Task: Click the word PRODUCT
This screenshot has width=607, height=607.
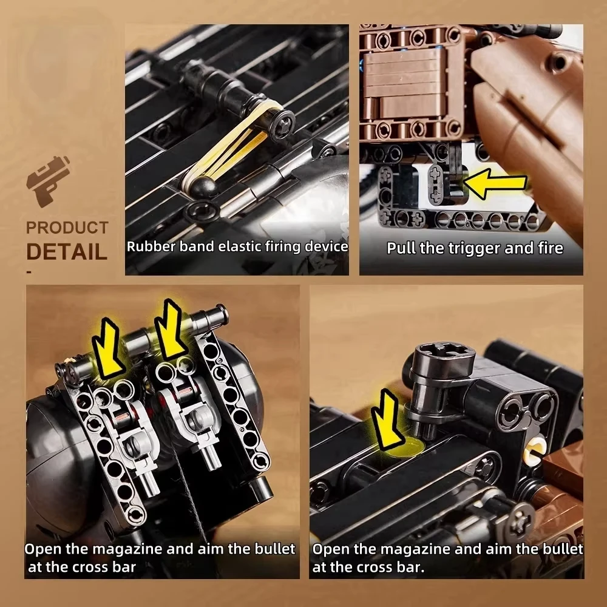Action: pos(67,228)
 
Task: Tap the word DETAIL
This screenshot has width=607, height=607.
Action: pos(67,251)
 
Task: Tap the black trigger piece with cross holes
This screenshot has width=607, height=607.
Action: pos(441,183)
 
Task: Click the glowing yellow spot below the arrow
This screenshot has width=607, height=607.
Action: pos(405,449)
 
